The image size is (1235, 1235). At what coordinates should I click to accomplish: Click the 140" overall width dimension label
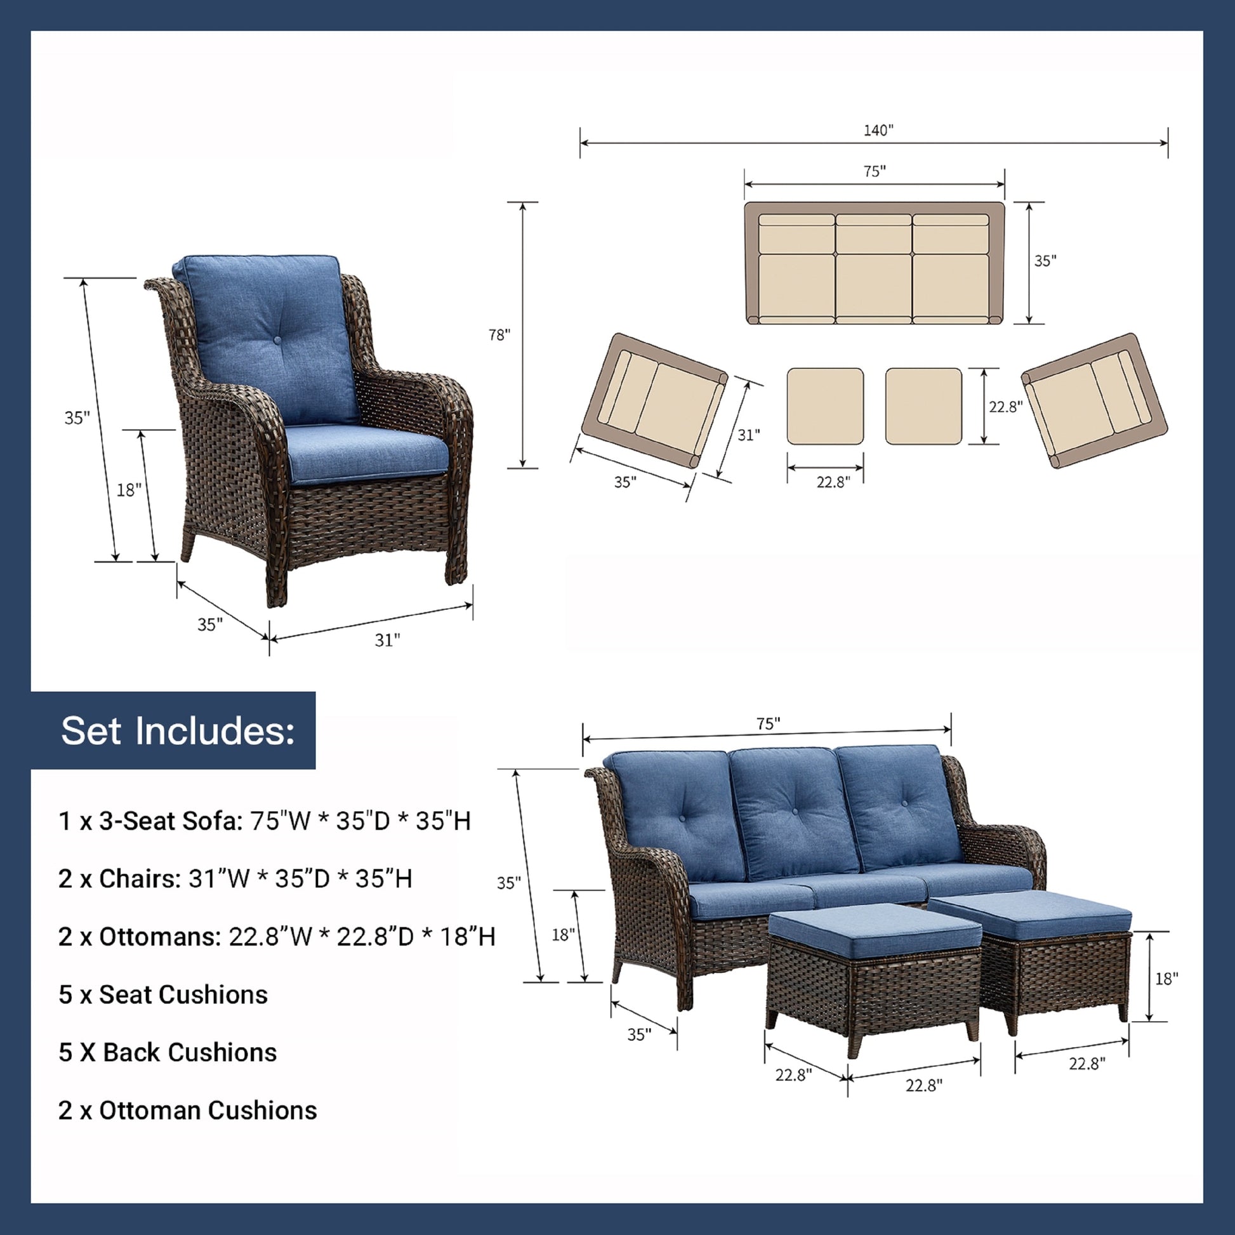coord(878,130)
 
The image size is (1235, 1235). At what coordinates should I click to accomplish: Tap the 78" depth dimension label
coord(499,335)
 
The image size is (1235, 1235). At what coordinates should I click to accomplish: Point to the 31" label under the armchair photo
coord(387,640)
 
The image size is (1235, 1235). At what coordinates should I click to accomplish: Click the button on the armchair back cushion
coord(277,337)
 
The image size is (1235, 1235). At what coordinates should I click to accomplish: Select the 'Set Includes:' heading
coord(178,730)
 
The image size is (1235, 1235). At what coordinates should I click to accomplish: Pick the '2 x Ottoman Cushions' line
coord(188,1111)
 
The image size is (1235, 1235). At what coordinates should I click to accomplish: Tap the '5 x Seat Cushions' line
coord(163,994)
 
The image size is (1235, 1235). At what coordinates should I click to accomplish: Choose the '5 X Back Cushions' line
coord(168,1052)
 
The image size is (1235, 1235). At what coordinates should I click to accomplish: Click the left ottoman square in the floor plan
coord(825,406)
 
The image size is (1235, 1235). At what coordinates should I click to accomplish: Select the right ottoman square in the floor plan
coord(923,406)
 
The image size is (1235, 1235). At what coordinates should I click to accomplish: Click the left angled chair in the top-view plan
coord(654,400)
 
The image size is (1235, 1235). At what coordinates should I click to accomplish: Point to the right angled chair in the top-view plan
coord(1094,400)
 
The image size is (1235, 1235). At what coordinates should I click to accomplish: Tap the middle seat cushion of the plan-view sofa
coord(873,284)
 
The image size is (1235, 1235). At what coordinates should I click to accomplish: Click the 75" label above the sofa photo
coord(768,723)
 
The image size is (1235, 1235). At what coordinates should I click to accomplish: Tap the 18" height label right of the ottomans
coord(1166,979)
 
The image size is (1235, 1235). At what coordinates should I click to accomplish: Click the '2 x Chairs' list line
coord(235,879)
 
